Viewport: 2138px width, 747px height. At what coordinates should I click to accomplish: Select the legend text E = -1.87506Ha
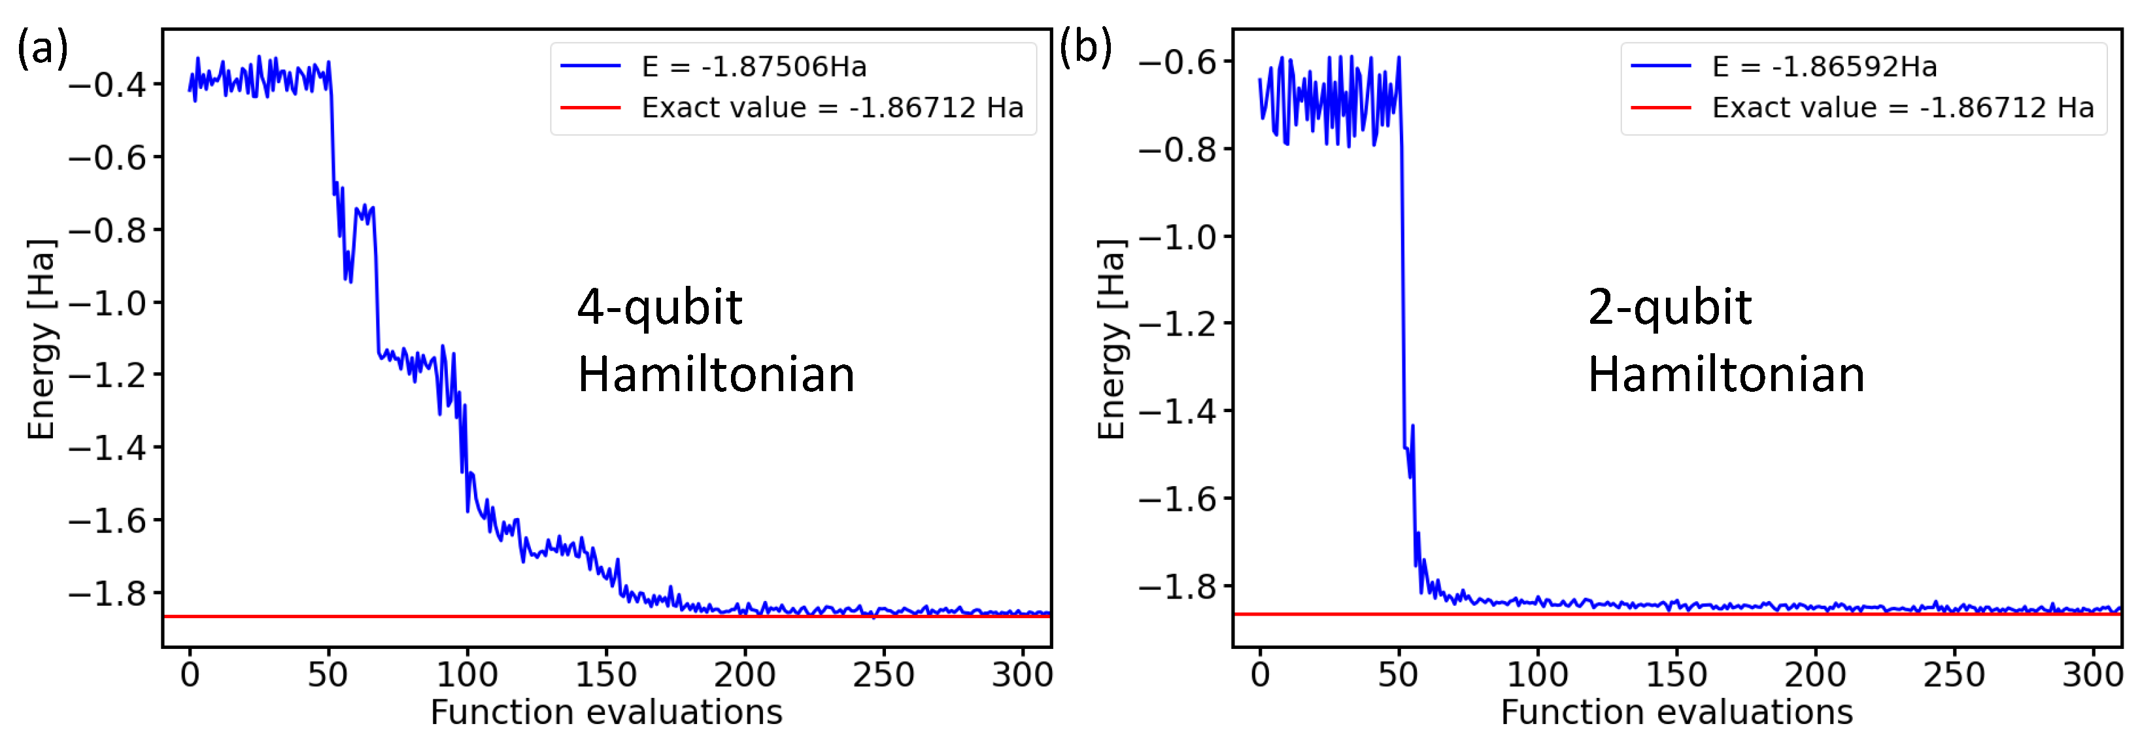[x=754, y=67]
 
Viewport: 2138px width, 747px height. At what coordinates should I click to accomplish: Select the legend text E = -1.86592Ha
[x=1824, y=67]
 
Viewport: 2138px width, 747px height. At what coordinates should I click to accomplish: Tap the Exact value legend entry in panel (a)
[x=832, y=108]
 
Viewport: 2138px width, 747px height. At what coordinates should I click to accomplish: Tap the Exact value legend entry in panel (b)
[x=1902, y=108]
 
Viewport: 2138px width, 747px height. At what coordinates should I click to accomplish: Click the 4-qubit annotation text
[x=659, y=309]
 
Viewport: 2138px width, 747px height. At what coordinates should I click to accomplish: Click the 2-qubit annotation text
[x=1669, y=309]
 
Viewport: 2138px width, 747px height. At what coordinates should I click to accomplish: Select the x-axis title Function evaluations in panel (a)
[x=606, y=713]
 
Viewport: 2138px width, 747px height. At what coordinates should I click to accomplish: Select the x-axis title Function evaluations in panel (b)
[x=1676, y=713]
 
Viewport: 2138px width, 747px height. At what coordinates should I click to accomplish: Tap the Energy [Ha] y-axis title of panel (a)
[x=41, y=339]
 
